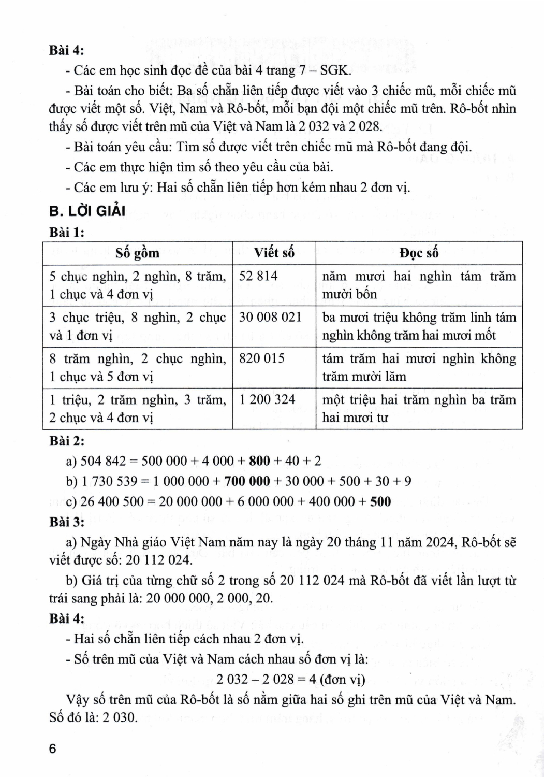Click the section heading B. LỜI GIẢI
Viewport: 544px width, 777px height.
click(x=87, y=211)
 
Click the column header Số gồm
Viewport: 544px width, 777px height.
click(x=137, y=253)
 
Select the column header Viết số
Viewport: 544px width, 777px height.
click(x=274, y=253)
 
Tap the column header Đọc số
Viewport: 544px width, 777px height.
click(x=419, y=253)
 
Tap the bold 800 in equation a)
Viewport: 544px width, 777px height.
click(x=260, y=461)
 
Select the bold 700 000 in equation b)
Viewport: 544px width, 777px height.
click(x=247, y=481)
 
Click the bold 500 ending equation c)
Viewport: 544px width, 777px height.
click(x=380, y=501)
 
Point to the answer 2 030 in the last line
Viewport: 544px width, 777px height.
click(x=121, y=717)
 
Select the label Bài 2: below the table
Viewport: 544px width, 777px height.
click(x=67, y=441)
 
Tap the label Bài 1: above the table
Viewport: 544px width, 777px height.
click(x=67, y=233)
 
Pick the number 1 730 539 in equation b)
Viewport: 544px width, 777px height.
click(x=110, y=481)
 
